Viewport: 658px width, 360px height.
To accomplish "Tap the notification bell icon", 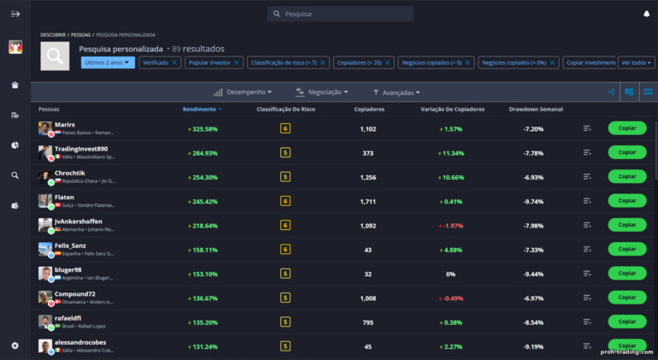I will (x=646, y=14).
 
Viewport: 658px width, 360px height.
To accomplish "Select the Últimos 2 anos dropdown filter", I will (x=108, y=62).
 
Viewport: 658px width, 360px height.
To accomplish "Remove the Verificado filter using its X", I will (x=174, y=62).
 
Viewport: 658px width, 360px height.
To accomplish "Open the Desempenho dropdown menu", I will (x=243, y=92).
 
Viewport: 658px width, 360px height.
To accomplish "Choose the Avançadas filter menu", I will (x=397, y=92).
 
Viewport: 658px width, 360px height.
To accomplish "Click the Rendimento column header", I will (x=202, y=109).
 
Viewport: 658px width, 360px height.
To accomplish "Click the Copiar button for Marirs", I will (x=626, y=128).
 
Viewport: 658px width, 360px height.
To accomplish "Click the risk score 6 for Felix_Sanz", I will (x=285, y=250).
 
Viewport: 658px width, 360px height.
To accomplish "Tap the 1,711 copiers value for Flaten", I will (x=368, y=202).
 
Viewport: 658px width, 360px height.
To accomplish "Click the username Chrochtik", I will (x=70, y=173).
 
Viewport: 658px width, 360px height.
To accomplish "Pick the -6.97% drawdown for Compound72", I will (x=533, y=298).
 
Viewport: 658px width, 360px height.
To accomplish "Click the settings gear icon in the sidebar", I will (x=15, y=345).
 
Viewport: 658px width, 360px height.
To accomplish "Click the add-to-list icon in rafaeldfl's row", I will (x=587, y=322).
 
